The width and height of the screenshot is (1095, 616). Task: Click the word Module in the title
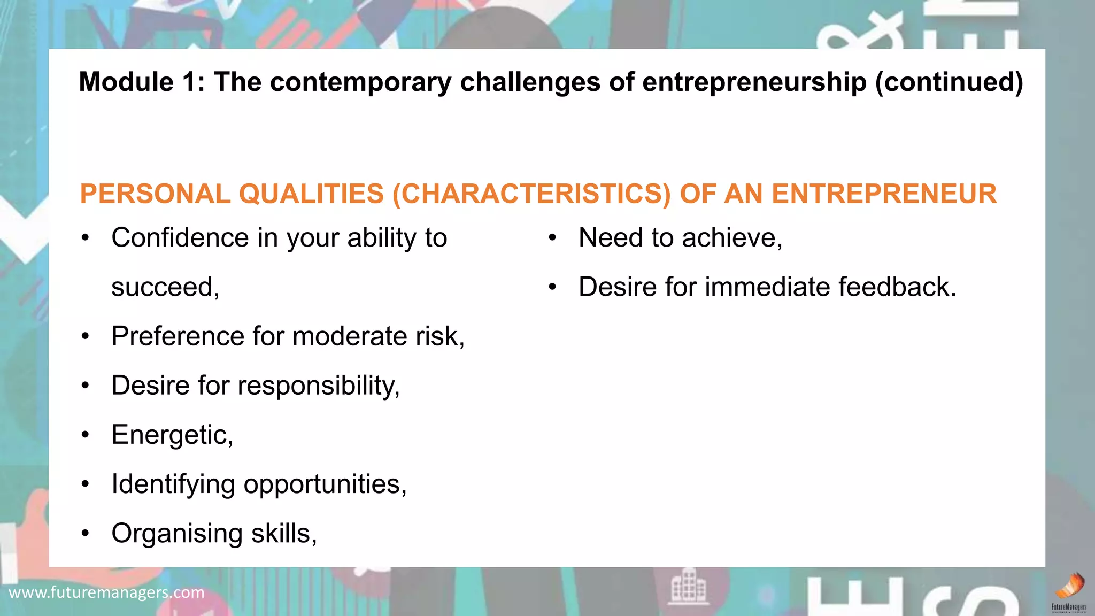tap(126, 82)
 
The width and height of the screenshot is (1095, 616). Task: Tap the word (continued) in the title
tap(949, 82)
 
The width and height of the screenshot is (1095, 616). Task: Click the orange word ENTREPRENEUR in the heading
tap(884, 194)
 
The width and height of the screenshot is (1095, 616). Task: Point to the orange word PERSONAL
tap(155, 194)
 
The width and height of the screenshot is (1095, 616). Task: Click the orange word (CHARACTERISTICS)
tap(531, 194)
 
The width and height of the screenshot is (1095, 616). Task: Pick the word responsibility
tap(318, 386)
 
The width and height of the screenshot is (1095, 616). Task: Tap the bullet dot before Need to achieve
tap(552, 238)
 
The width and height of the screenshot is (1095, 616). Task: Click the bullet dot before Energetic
tap(86, 435)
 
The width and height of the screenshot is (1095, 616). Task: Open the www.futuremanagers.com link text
tap(106, 592)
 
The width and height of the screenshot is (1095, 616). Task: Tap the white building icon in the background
tap(689, 586)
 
